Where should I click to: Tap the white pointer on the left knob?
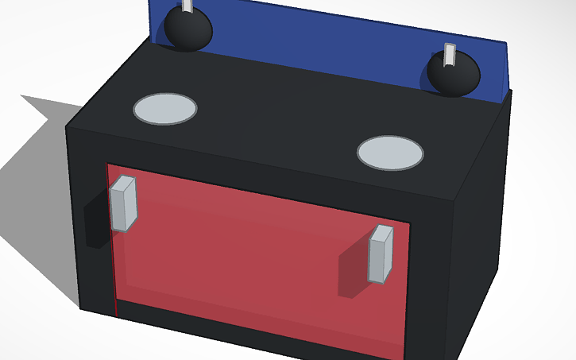(x=187, y=6)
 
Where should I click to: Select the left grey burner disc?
(x=164, y=109)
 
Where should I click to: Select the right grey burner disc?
(x=390, y=153)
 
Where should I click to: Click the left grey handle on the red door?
(x=123, y=203)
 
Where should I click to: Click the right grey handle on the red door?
(x=381, y=254)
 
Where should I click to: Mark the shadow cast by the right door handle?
(x=353, y=270)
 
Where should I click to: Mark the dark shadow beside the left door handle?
(x=95, y=226)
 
